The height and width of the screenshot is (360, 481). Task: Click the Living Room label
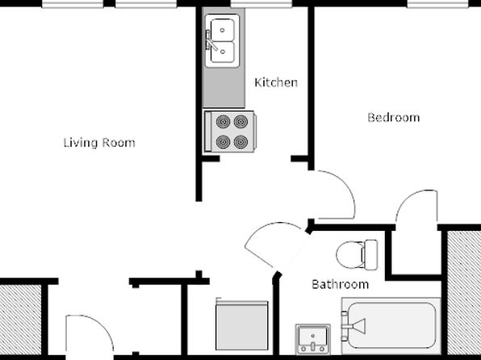point(99,143)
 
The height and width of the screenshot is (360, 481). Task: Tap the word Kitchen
point(276,82)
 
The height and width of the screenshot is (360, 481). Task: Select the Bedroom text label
point(393,117)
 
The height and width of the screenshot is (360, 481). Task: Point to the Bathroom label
point(340,284)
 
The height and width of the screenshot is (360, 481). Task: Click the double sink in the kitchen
point(220,41)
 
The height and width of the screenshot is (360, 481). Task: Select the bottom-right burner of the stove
point(240,141)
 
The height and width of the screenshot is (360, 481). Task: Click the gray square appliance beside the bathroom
point(241,326)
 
